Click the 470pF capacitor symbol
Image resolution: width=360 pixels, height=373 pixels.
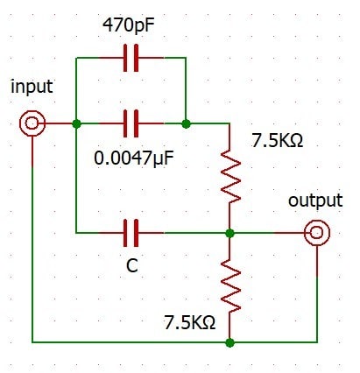click(131, 58)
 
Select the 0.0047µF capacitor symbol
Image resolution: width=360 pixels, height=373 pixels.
click(131, 123)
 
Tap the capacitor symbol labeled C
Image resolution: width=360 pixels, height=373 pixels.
click(131, 233)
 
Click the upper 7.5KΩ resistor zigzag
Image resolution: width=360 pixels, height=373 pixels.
click(230, 177)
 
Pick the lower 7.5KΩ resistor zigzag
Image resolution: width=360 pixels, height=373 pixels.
click(230, 286)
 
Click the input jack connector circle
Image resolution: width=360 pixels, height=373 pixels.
click(32, 123)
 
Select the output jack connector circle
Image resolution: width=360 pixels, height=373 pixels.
click(317, 233)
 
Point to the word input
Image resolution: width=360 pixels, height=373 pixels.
click(32, 87)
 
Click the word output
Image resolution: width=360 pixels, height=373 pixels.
click(315, 201)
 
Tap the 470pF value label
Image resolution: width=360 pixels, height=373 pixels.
click(129, 25)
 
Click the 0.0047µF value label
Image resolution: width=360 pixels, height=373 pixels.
click(134, 158)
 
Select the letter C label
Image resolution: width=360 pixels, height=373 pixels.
click(132, 266)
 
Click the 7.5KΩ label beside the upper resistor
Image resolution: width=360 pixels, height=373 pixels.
click(278, 140)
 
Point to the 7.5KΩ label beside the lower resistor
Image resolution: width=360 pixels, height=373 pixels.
click(190, 323)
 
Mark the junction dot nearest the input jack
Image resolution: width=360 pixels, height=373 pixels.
click(76, 123)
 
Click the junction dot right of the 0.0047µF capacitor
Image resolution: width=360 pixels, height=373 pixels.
click(186, 123)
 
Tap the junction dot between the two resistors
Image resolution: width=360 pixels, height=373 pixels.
click(230, 233)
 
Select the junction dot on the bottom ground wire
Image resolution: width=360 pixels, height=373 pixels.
click(230, 342)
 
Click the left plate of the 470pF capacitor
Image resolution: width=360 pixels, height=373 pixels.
click(125, 58)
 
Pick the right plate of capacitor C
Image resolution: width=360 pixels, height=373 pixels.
click(137, 233)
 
